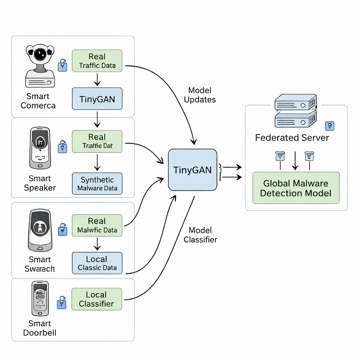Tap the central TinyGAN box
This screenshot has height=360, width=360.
193,170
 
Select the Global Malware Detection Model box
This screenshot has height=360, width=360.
296,188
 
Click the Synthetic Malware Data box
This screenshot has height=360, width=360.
97,184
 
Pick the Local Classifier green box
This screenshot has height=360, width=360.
97,299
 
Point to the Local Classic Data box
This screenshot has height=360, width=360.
97,263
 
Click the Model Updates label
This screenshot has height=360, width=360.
200,95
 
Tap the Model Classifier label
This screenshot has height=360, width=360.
200,235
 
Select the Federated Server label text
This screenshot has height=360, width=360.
292,137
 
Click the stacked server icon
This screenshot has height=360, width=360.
295,110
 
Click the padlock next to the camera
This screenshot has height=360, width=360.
62,65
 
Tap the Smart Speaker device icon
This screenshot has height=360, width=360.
40,148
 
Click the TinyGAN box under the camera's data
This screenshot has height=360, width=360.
97,99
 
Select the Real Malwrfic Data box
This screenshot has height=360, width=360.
97,226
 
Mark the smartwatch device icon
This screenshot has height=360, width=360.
40,230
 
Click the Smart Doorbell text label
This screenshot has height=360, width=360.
40,328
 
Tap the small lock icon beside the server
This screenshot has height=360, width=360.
330,126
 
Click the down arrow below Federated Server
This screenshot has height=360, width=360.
296,160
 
